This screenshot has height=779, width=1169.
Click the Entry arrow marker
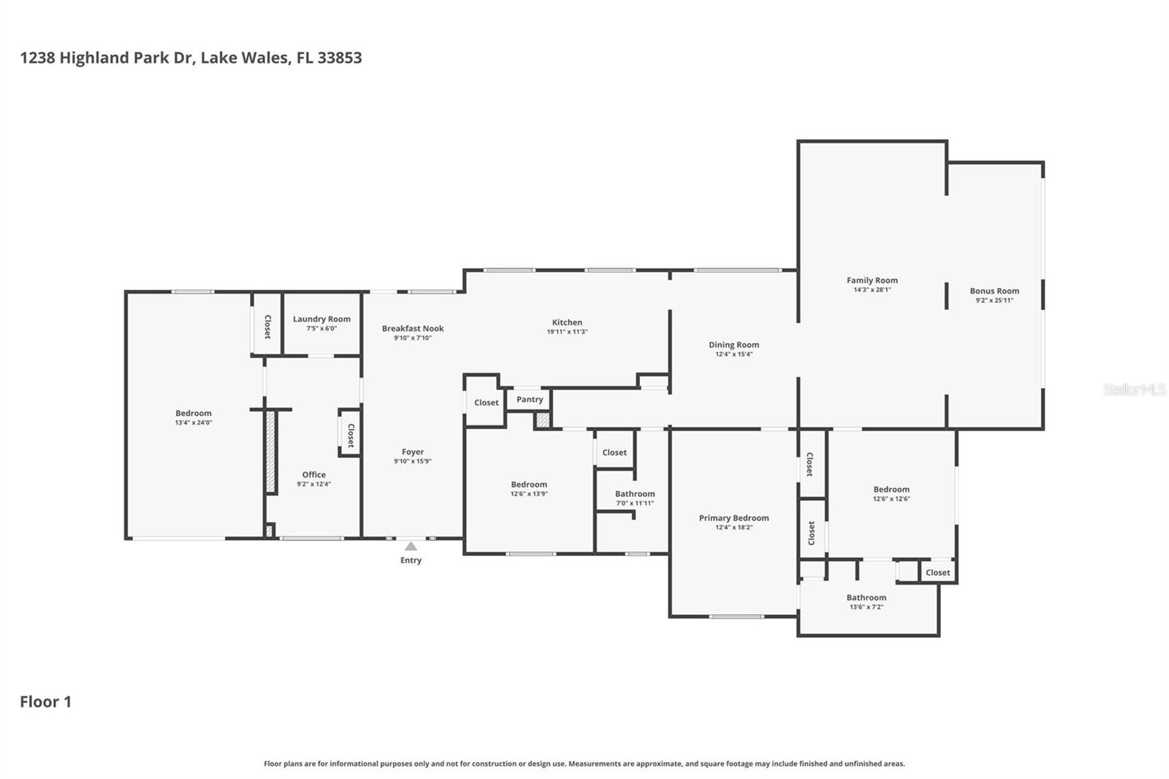tap(411, 546)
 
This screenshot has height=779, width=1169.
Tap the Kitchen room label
tap(567, 322)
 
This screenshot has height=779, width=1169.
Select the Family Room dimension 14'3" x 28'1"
tap(872, 290)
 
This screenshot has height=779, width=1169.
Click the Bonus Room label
tap(994, 291)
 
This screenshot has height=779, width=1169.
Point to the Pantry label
tap(530, 400)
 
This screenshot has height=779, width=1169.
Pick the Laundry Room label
tap(321, 319)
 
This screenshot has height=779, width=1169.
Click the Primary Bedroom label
tap(734, 518)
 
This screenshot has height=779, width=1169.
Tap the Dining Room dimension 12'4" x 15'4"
tap(734, 354)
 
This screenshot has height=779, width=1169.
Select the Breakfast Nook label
tap(413, 329)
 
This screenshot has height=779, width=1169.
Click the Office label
tap(314, 475)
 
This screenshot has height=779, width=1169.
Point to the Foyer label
tap(413, 452)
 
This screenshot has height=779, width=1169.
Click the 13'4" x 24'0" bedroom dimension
tap(194, 423)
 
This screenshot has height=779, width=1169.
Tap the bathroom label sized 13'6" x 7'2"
tap(867, 598)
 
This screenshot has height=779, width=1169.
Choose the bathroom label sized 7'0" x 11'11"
tap(635, 494)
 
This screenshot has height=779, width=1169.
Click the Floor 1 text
tap(45, 702)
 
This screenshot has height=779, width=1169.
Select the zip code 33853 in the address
tap(339, 58)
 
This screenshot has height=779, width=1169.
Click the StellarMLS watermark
tap(1134, 389)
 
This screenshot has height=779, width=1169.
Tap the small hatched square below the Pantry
tap(542, 420)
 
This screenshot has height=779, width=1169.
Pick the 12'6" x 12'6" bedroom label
tap(891, 490)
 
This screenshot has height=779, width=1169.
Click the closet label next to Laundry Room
tap(267, 326)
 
